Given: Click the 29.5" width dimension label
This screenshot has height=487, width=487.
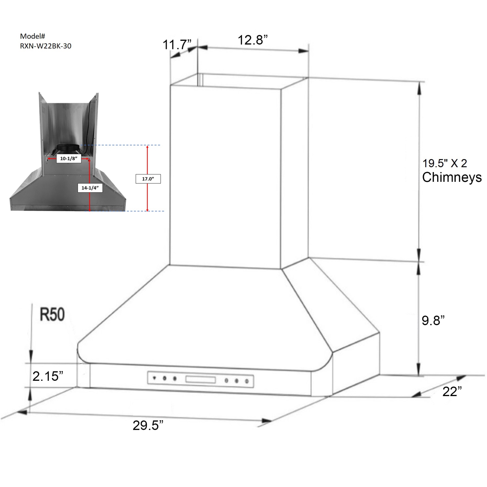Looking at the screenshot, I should [x=148, y=425].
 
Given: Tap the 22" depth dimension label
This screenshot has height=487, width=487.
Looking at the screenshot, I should [x=452, y=392].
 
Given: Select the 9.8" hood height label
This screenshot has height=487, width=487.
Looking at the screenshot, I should [x=433, y=320].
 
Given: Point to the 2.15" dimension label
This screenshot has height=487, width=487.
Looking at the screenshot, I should [x=48, y=376].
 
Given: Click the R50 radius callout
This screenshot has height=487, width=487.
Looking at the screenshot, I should [x=52, y=314].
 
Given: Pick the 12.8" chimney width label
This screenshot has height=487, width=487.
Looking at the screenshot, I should [x=253, y=40].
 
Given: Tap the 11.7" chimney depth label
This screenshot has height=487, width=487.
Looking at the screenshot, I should [x=177, y=44].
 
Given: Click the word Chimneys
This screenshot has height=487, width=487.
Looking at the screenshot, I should [x=452, y=177].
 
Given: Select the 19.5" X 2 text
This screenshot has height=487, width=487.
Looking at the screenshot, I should [x=444, y=163].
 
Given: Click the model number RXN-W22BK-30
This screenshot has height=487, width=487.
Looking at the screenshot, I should [x=45, y=46].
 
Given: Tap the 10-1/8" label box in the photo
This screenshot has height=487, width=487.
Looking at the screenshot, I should [x=69, y=158].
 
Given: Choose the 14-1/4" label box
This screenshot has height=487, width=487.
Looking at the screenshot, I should [x=90, y=188].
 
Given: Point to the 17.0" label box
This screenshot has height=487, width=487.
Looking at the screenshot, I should [x=148, y=179].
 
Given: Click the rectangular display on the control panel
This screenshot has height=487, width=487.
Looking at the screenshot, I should [x=200, y=379].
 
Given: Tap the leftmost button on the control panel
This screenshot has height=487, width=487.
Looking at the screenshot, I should [x=155, y=378].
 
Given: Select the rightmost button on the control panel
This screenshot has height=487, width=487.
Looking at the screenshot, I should [x=247, y=381].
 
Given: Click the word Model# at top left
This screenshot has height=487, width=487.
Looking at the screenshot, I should [x=32, y=36].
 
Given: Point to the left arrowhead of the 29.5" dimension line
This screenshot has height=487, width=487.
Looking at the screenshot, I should [x=22, y=412].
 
